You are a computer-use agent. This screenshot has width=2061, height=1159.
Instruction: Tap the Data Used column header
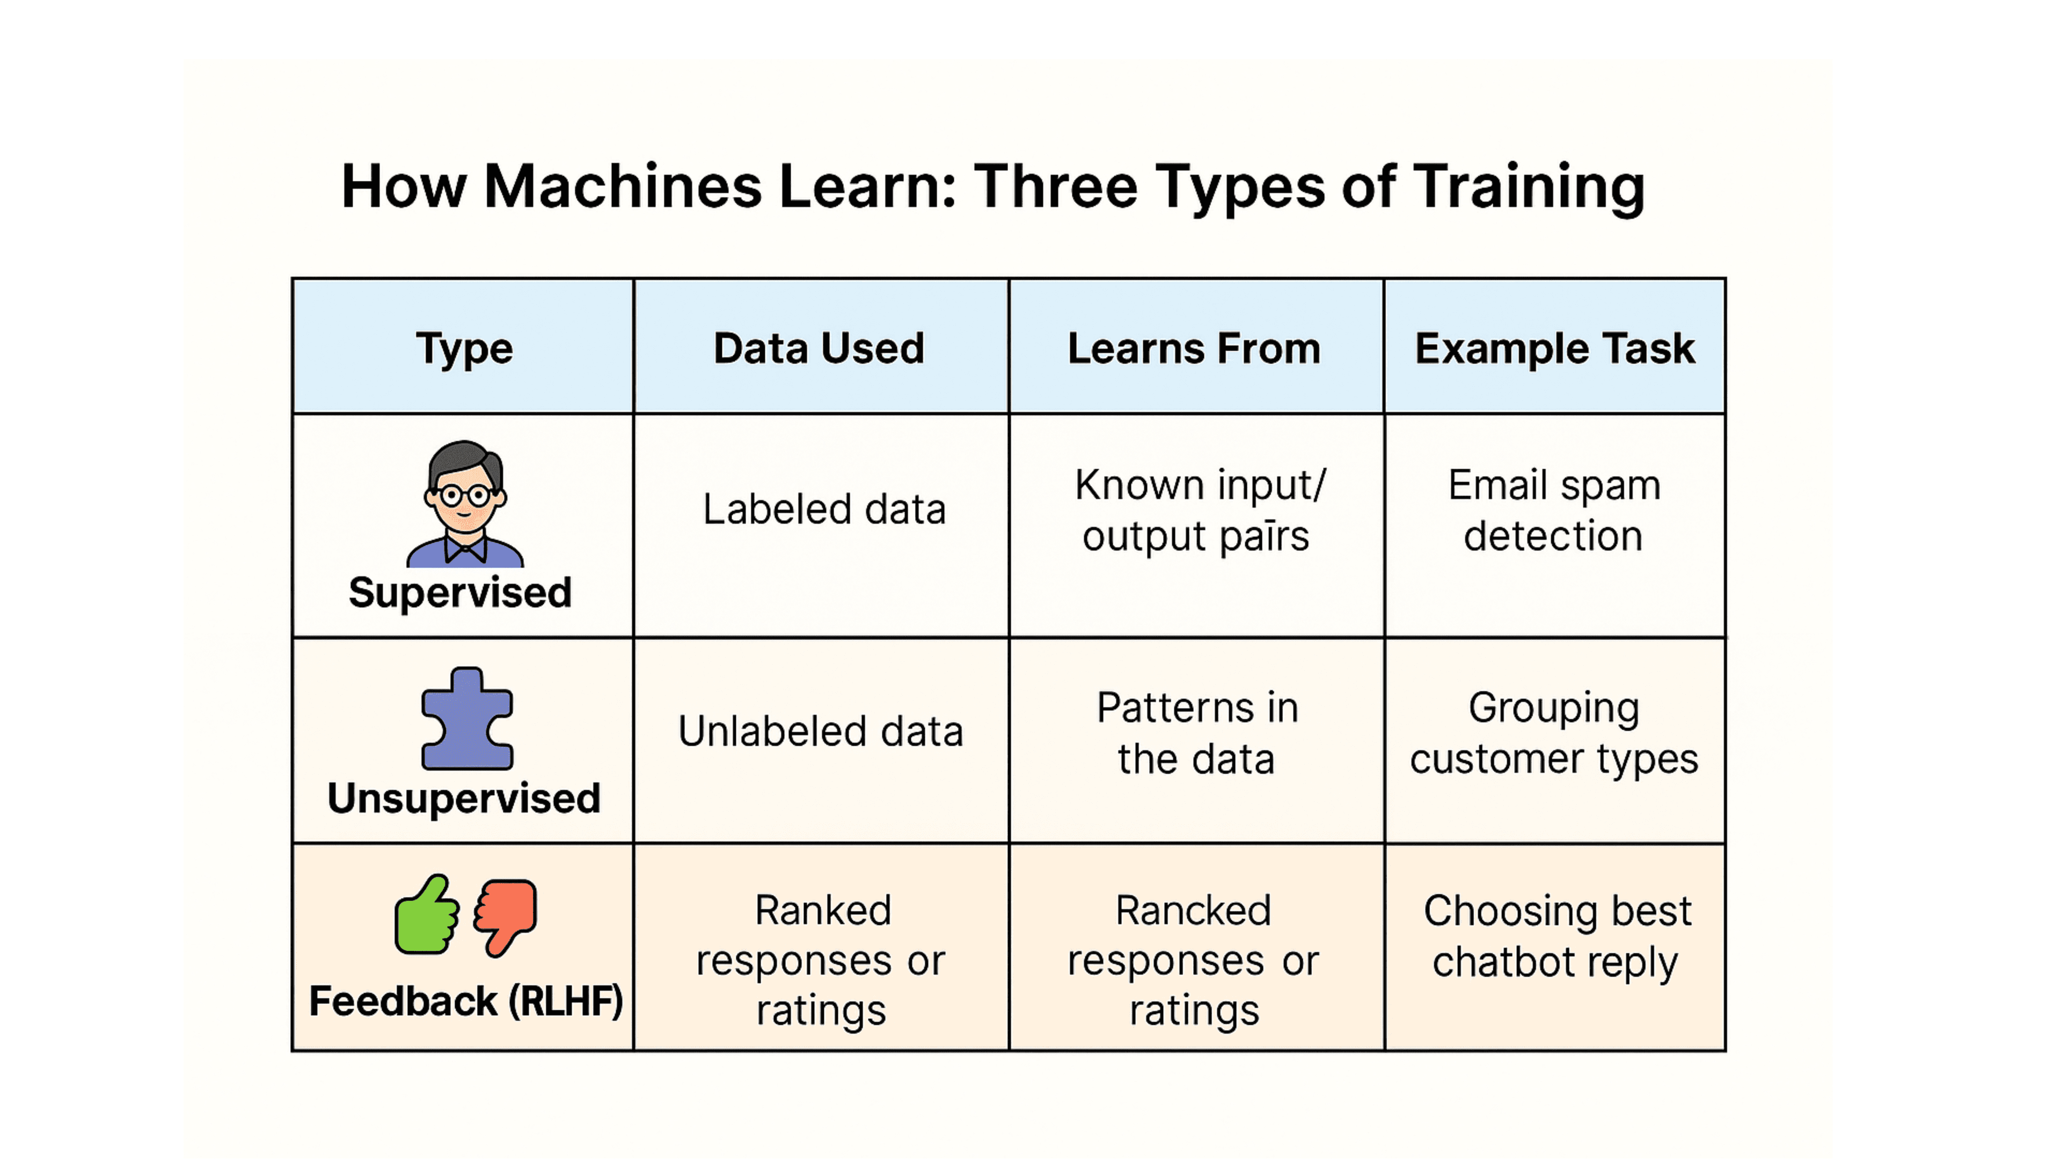[x=818, y=349]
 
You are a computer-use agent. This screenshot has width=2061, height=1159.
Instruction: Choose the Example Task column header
[x=1554, y=349]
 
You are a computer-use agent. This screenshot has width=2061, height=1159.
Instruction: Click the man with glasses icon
[x=465, y=504]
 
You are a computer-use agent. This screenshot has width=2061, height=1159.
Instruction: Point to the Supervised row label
[x=460, y=593]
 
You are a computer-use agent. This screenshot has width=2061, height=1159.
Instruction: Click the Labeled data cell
[x=823, y=510]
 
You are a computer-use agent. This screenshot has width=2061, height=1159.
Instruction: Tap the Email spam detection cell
[x=1554, y=510]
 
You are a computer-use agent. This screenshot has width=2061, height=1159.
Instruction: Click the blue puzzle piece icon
[x=466, y=719]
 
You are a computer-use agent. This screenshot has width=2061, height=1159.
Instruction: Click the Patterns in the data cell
[x=1196, y=732]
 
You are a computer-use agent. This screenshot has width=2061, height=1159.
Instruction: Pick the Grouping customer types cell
[x=1554, y=732]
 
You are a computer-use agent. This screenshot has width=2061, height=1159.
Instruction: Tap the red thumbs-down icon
[x=506, y=916]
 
